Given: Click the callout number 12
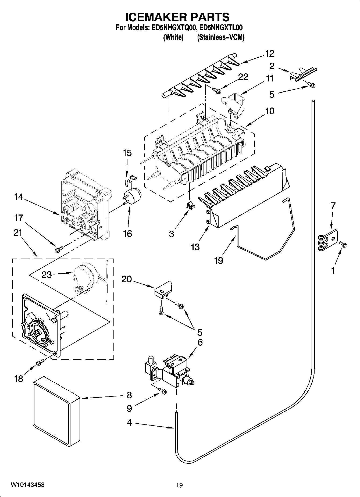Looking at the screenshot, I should [x=269, y=53].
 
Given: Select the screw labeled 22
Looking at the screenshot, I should [x=216, y=91].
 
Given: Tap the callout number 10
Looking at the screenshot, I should [x=269, y=111].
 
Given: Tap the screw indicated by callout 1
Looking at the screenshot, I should [x=343, y=244].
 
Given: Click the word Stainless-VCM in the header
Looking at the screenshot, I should [x=221, y=38].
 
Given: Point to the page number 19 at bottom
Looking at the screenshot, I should [x=179, y=485].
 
